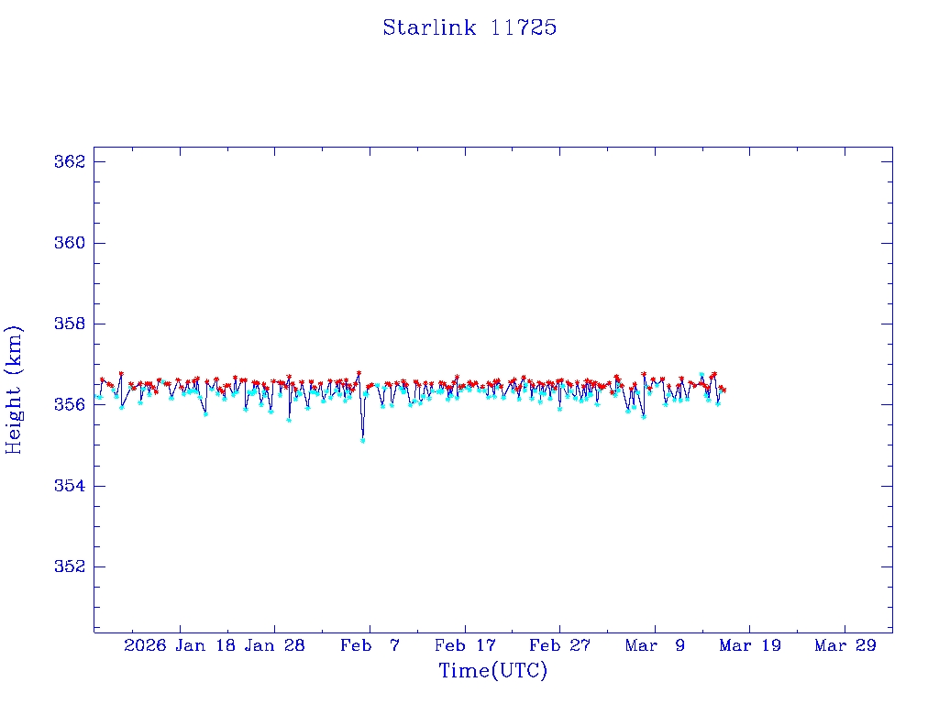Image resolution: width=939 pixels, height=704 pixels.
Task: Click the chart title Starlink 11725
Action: tap(469, 27)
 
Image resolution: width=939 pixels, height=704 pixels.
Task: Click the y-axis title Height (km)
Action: tap(14, 390)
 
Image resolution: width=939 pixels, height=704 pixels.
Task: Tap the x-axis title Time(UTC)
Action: tap(492, 671)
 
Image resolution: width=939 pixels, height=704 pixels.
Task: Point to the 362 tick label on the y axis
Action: tap(70, 162)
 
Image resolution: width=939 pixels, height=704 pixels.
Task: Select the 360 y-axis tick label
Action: tap(70, 243)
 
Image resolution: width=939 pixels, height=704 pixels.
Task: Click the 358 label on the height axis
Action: tap(70, 324)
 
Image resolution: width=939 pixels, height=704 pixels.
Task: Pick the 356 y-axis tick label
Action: tap(70, 404)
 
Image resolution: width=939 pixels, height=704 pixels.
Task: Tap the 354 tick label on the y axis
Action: tap(70, 485)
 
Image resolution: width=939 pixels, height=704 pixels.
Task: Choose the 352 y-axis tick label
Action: tap(70, 566)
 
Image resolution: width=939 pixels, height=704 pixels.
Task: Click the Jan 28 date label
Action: tap(274, 645)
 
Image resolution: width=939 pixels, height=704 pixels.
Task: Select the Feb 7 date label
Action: tap(370, 645)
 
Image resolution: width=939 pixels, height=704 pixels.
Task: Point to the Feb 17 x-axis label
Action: tap(465, 645)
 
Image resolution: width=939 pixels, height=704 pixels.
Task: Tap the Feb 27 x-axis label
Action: tap(559, 645)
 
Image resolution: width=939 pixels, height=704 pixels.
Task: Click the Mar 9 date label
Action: tap(655, 645)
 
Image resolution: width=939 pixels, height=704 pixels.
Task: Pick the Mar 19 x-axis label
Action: tap(750, 645)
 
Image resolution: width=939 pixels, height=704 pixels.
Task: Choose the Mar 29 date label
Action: tap(845, 645)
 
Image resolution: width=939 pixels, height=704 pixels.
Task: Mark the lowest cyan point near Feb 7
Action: tap(363, 440)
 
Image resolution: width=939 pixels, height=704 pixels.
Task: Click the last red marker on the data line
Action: tap(724, 390)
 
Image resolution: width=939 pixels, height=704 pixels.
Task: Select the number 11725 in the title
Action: tap(524, 27)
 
